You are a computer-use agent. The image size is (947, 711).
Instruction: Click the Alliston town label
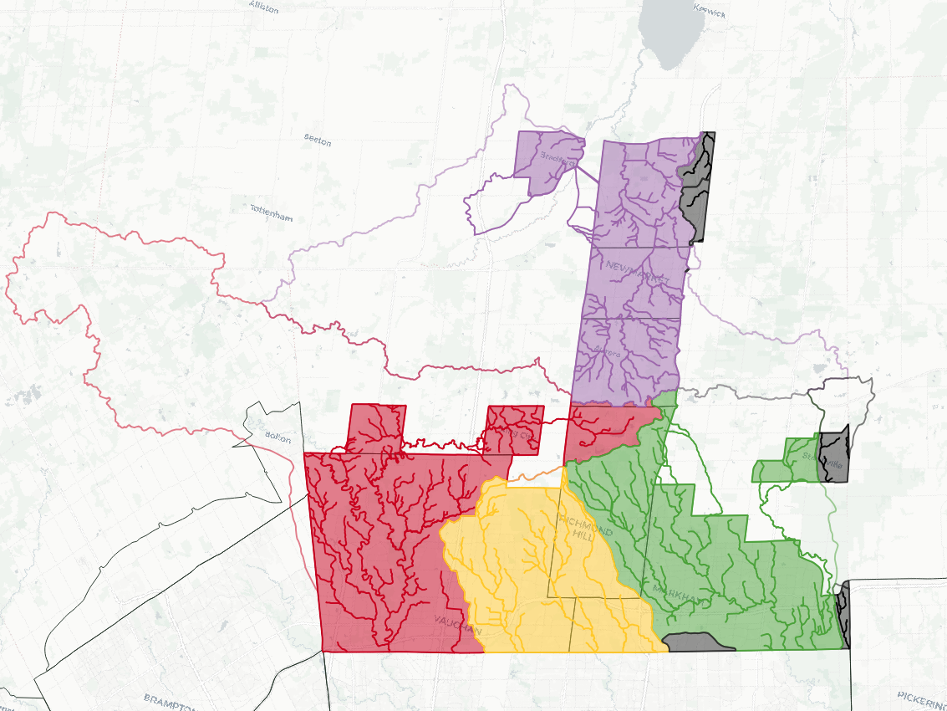tap(263, 5)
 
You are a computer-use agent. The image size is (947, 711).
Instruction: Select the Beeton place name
tap(318, 139)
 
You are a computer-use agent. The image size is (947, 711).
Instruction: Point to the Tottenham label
tap(272, 212)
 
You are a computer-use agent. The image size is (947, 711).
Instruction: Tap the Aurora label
tap(608, 354)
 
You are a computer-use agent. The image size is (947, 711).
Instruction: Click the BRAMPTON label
tap(168, 700)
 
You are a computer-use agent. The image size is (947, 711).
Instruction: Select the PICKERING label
tap(921, 696)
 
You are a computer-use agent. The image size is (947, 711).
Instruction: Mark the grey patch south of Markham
tap(692, 642)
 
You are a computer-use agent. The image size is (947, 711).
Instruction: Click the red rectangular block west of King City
tap(376, 427)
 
